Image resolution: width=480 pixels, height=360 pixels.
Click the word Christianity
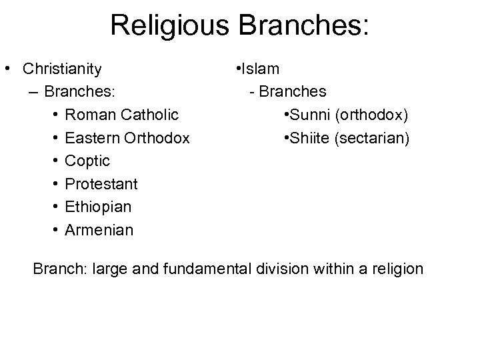(x=62, y=69)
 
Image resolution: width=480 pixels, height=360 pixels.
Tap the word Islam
(x=261, y=69)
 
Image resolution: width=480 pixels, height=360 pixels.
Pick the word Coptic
(x=88, y=161)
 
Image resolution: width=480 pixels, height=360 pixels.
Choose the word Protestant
(x=101, y=184)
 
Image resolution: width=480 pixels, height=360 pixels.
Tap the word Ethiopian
(x=99, y=207)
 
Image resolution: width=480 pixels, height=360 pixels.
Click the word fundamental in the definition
(x=202, y=269)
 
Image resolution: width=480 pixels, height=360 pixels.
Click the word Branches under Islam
(x=293, y=91)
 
